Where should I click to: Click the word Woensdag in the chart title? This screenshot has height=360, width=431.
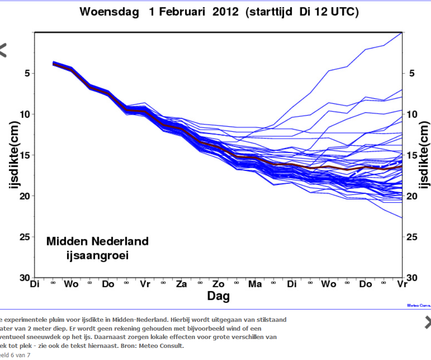(x=109, y=12)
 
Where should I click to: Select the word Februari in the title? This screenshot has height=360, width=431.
(x=185, y=12)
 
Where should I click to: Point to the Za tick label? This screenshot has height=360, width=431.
(x=182, y=284)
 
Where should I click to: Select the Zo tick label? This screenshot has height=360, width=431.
(x=219, y=284)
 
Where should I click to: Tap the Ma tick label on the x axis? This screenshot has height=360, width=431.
(x=255, y=284)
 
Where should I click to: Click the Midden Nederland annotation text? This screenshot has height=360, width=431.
(x=97, y=241)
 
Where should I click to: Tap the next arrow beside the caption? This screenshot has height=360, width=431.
(x=427, y=322)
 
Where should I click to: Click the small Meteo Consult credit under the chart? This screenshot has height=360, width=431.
(x=418, y=306)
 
